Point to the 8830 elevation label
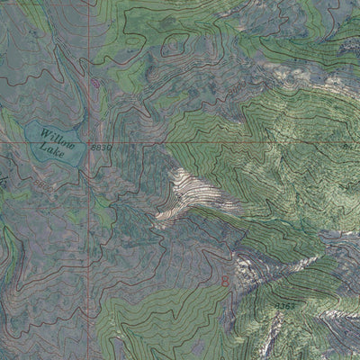(x=102, y=148)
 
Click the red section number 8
(x=225, y=280)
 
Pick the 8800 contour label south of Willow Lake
(x=43, y=186)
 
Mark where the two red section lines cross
(x=89, y=142)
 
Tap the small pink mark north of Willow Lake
(x=95, y=84)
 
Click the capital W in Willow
(x=44, y=131)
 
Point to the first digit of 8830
(x=94, y=148)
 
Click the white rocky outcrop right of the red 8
(x=245, y=266)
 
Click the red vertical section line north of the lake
(x=89, y=54)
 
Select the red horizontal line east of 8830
(x=225, y=142)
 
